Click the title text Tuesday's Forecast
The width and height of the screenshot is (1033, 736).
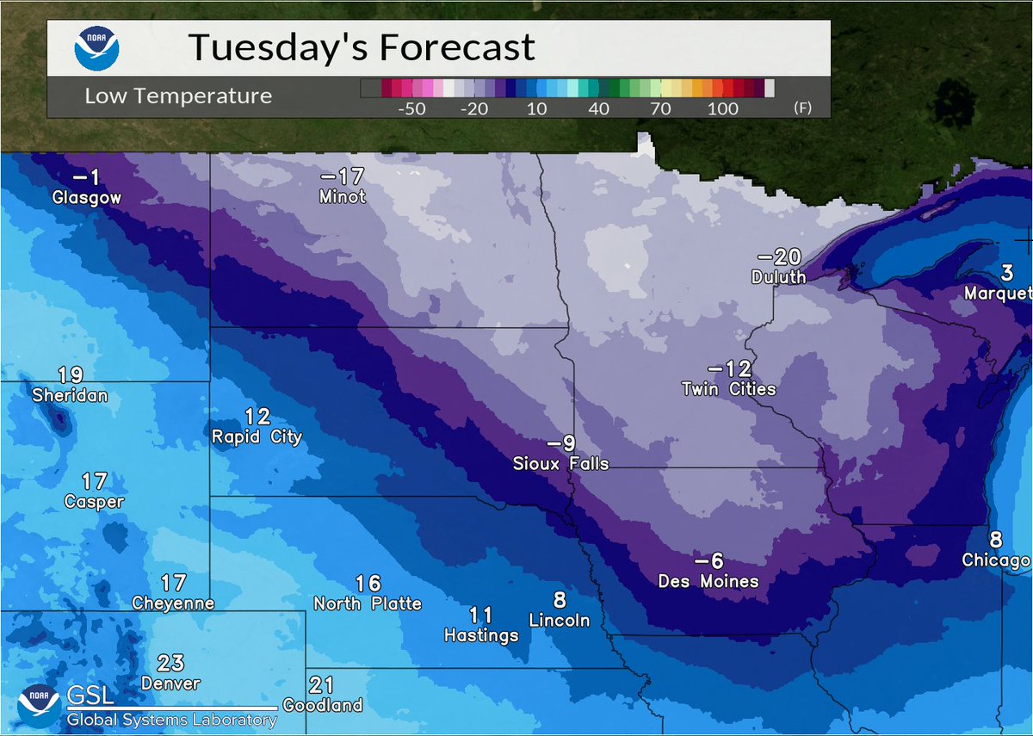[x=362, y=47]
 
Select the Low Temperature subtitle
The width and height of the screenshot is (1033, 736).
[x=178, y=96]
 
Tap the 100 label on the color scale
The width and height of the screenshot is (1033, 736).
[x=723, y=109]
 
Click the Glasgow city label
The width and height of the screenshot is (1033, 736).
[x=86, y=198]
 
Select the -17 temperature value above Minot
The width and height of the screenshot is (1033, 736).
[x=343, y=177]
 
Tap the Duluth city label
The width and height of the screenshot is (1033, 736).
[x=778, y=277]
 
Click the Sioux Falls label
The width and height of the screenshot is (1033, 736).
[x=560, y=464]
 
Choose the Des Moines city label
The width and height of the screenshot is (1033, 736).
[x=708, y=581]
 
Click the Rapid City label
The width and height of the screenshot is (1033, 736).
[x=257, y=437]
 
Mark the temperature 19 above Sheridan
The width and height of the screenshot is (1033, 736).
[x=70, y=375]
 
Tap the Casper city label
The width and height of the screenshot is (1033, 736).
[x=94, y=502]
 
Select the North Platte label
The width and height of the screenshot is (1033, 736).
[x=368, y=603]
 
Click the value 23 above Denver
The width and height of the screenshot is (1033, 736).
[x=170, y=663]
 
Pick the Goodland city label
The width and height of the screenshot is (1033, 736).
[x=322, y=706]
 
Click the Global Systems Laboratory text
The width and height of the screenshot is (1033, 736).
[x=172, y=721]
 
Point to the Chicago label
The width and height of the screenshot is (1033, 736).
[x=995, y=561]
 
